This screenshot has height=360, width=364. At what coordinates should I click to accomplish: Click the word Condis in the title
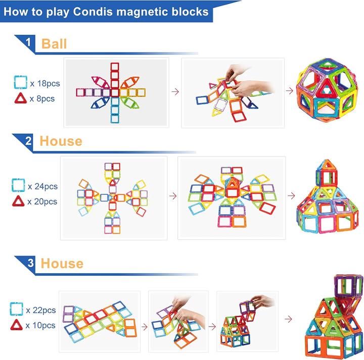click(x=95, y=12)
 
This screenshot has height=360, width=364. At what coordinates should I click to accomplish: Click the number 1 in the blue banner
click(x=29, y=43)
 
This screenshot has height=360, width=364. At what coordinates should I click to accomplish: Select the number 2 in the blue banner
click(x=29, y=141)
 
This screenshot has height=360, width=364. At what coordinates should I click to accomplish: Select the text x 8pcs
click(x=42, y=98)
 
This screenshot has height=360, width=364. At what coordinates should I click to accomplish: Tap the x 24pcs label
click(x=43, y=186)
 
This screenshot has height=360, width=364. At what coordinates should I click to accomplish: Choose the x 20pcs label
click(x=43, y=201)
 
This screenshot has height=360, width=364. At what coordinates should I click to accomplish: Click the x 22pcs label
click(x=42, y=310)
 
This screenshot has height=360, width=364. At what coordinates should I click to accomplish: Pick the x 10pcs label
click(x=42, y=325)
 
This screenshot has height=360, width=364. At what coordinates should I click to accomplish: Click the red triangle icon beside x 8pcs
click(x=20, y=98)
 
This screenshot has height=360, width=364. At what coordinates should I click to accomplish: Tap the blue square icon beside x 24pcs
click(x=18, y=186)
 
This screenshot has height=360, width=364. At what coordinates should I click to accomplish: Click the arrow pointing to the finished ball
click(x=290, y=91)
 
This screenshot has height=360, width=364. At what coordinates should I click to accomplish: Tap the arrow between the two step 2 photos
click(x=172, y=195)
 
